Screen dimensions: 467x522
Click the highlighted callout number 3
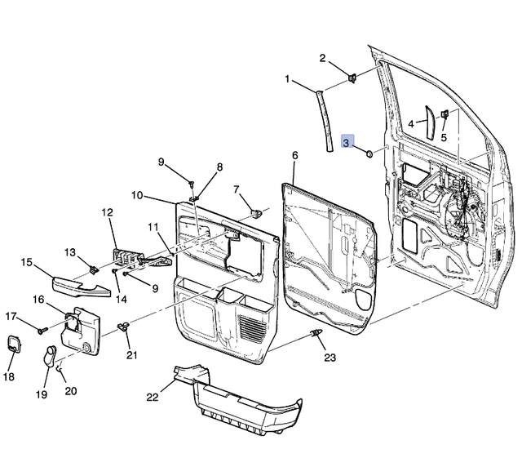[x=347, y=143]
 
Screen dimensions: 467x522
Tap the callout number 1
[x=287, y=79]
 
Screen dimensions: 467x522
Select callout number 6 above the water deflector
[x=294, y=154]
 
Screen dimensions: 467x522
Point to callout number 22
[x=152, y=397]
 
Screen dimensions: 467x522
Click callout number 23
[x=329, y=357]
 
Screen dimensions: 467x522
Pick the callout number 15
[x=27, y=262]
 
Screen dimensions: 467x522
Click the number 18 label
[x=9, y=376]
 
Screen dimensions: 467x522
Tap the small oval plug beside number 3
[x=368, y=152]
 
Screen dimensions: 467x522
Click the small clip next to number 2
[x=354, y=78]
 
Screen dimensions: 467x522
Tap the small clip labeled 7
[x=256, y=211]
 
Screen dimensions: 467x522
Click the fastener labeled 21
[x=124, y=327]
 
